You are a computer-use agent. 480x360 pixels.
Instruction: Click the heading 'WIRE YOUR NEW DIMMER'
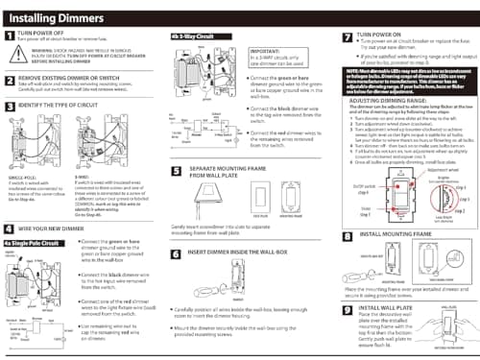pyautogui.click(x=59, y=229)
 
